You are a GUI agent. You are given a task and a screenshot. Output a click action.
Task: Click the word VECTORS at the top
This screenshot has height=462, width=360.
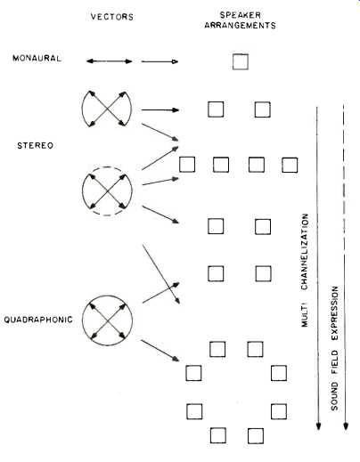pyautogui.click(x=112, y=17)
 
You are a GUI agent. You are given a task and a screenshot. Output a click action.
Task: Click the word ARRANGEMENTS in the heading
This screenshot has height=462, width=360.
pyautogui.click(x=240, y=26)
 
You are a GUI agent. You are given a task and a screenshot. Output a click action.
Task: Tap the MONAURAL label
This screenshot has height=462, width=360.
pyautogui.click(x=37, y=58)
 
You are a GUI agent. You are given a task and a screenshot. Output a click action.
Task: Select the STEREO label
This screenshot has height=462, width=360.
pyautogui.click(x=36, y=146)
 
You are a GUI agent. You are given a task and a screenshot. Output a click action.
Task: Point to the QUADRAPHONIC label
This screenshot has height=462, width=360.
pyautogui.click(x=38, y=320)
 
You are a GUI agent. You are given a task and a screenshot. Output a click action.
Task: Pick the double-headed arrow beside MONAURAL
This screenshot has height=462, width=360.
pyautogui.click(x=109, y=61)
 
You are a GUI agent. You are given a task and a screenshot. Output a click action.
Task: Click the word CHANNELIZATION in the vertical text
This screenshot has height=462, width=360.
pyautogui.click(x=305, y=252)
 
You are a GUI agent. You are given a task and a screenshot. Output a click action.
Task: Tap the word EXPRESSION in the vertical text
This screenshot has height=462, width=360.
pyautogui.click(x=335, y=313)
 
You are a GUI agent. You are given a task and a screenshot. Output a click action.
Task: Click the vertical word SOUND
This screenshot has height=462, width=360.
pyautogui.click(x=335, y=396)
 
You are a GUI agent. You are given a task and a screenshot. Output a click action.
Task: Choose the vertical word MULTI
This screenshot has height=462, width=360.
pyautogui.click(x=305, y=314)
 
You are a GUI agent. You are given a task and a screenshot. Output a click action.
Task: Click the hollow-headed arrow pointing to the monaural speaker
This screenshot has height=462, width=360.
pyautogui.click(x=160, y=61)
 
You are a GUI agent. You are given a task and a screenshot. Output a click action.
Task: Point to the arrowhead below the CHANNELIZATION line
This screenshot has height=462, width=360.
pyautogui.click(x=318, y=426)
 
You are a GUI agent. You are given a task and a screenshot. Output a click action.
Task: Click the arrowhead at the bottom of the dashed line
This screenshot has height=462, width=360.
pyautogui.click(x=346, y=426)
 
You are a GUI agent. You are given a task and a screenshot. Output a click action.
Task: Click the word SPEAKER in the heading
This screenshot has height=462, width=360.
pyautogui.click(x=241, y=15)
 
